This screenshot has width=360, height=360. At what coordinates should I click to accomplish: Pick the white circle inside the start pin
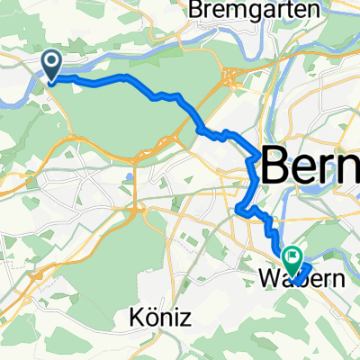coord(52,61)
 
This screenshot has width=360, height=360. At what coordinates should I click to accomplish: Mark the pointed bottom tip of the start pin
coord(52,82)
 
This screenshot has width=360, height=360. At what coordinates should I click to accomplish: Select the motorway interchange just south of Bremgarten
coord(231,79)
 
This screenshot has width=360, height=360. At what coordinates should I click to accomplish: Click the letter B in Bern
coord(276,166)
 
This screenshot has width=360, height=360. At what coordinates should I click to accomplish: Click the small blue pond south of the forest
coord(128,176)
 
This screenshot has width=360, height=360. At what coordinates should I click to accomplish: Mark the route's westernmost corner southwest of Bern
coord(238,211)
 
